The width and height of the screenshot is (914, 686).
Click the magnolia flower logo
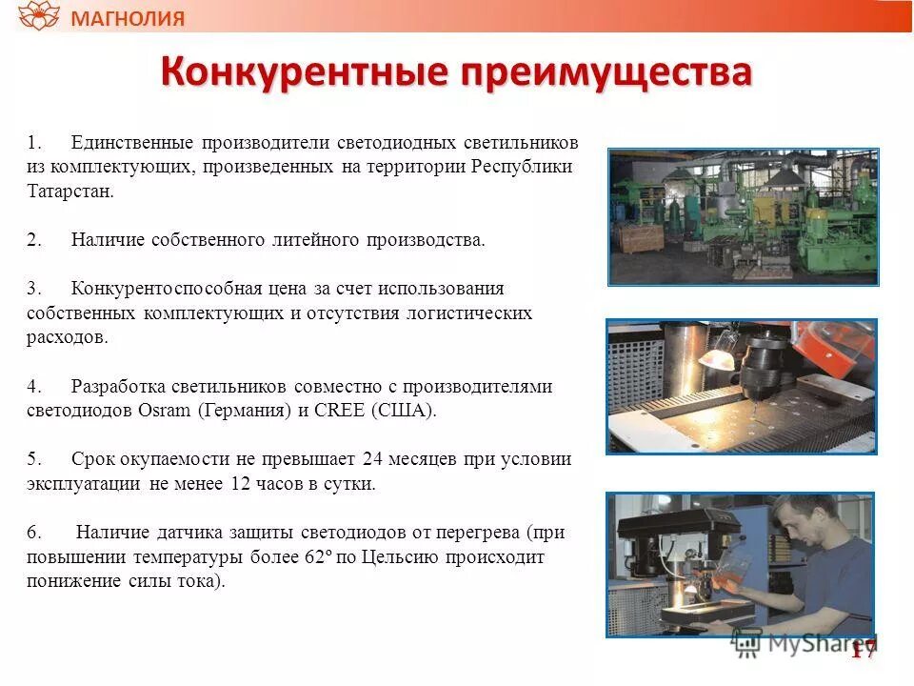pos(39,16)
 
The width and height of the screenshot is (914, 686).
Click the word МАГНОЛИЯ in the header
pos(129,18)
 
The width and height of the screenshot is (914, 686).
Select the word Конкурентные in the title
pos(304,73)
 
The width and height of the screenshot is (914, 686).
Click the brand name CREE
pos(336,412)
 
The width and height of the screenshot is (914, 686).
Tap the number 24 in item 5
pos(373,459)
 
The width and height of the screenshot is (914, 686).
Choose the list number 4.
pos(33,387)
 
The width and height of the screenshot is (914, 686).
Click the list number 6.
pos(33,533)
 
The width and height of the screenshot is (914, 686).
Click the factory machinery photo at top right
pos(743,216)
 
